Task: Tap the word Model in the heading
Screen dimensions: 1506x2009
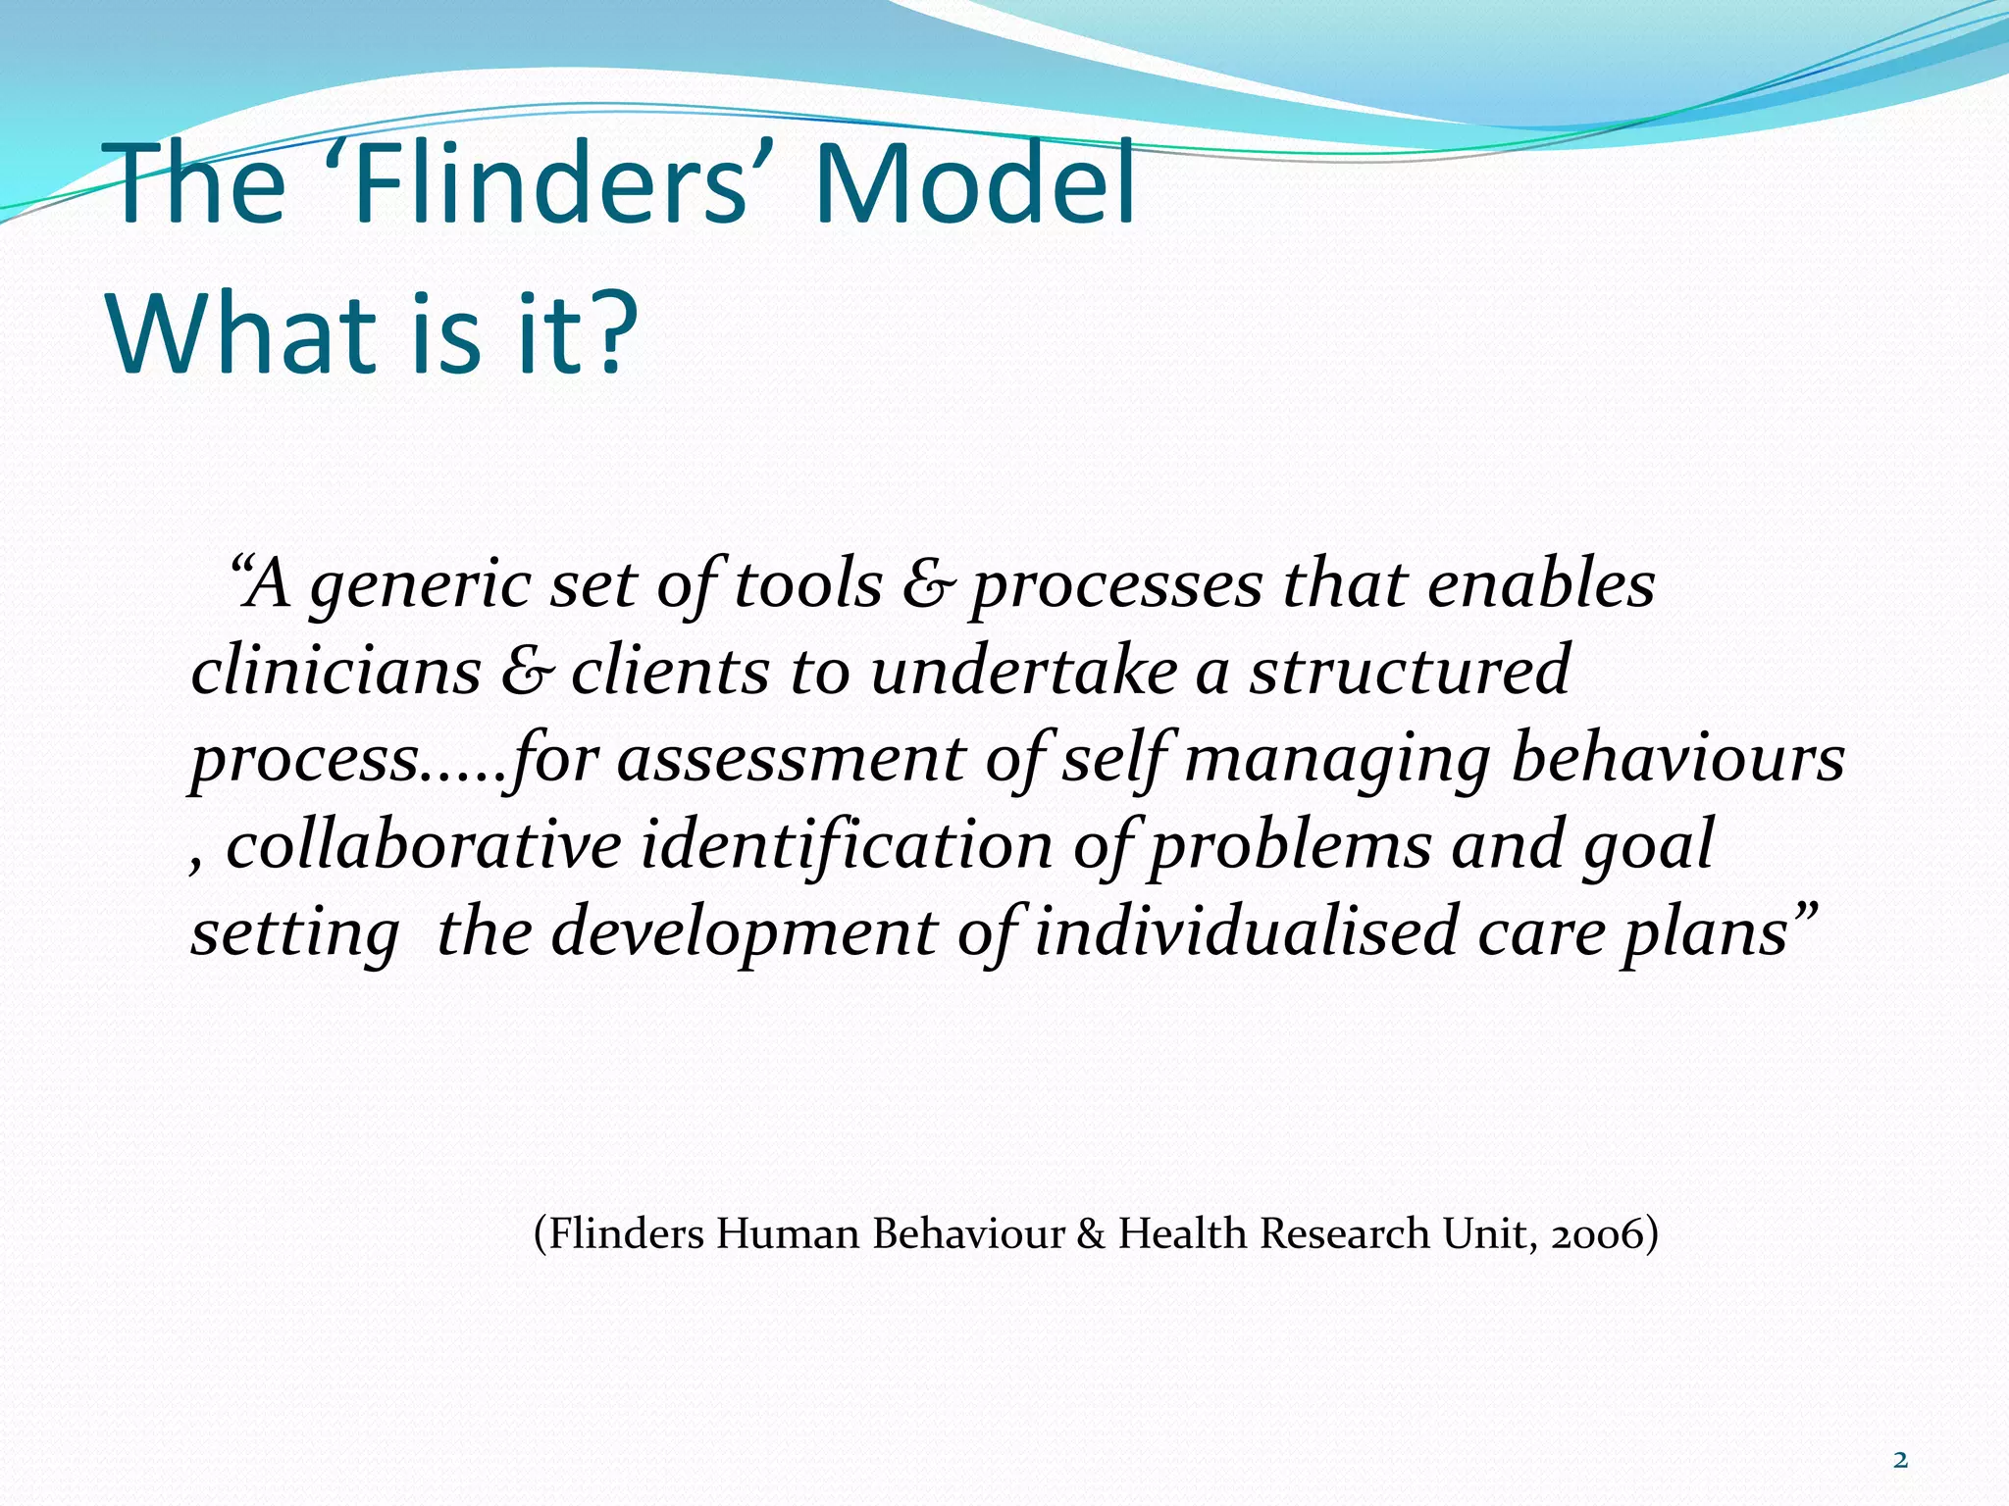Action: [974, 184]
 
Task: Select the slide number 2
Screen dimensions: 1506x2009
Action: [1900, 1460]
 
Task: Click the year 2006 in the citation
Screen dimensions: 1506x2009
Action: [1595, 1233]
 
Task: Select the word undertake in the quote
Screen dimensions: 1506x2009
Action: [1023, 673]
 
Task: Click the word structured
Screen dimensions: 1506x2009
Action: [1409, 673]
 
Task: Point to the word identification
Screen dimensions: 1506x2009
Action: [847, 845]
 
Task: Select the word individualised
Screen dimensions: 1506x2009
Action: [1246, 931]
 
